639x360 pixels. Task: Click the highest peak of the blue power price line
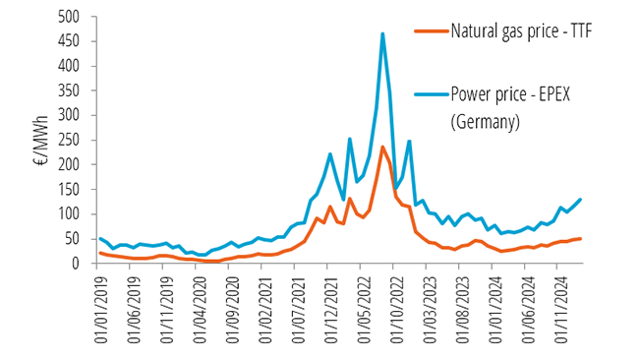[x=382, y=34]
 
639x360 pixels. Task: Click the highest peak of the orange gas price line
[x=382, y=148]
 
